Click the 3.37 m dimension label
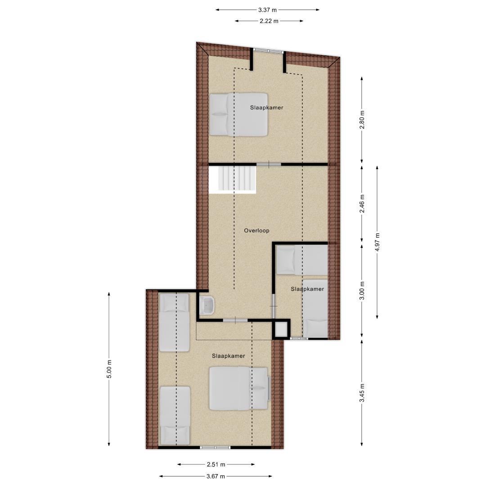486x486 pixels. tap(267, 10)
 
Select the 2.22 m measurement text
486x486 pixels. tap(269, 21)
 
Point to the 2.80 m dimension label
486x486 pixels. tap(362, 119)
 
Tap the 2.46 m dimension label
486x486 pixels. tap(362, 204)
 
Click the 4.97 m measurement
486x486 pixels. tap(377, 242)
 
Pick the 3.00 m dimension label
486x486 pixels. tap(362, 291)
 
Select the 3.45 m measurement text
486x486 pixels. tap(362, 393)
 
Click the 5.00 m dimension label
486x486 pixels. tap(109, 369)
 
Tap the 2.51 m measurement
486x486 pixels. tap(216, 464)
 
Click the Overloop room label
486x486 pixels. tap(256, 230)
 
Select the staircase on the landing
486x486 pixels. tap(233, 180)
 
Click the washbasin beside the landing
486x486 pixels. tap(207, 305)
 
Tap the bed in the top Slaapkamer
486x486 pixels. tap(238, 114)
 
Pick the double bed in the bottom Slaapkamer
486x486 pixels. tap(238, 389)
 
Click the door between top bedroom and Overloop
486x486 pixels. tap(269, 164)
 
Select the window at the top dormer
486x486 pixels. tap(268, 51)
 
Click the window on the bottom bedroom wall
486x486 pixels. tap(215, 448)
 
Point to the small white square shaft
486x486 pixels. tap(282, 329)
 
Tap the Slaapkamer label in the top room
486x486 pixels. tap(266, 108)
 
